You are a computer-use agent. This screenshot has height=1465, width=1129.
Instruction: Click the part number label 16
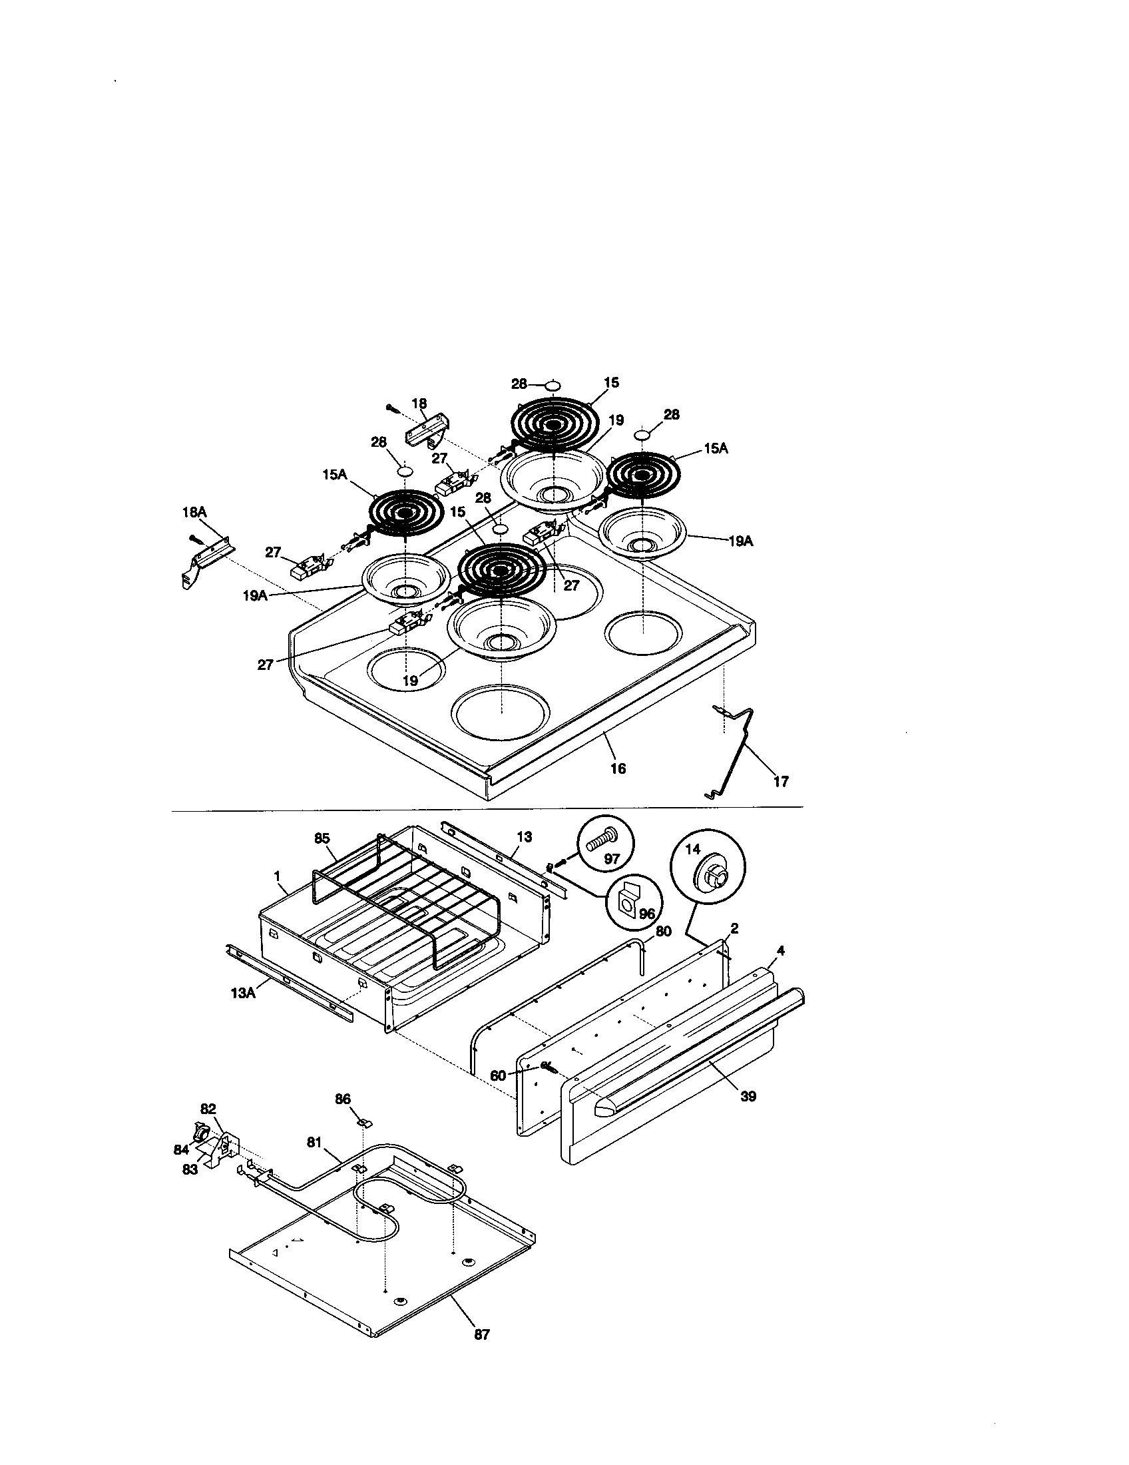pos(618,768)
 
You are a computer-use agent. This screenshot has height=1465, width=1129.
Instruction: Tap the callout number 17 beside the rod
pos(780,781)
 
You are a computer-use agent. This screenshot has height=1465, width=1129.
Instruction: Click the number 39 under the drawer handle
pos(748,1096)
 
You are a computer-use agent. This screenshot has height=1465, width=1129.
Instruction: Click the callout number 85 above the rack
pos(322,838)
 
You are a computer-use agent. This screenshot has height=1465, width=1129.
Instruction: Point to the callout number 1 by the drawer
pos(276,876)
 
